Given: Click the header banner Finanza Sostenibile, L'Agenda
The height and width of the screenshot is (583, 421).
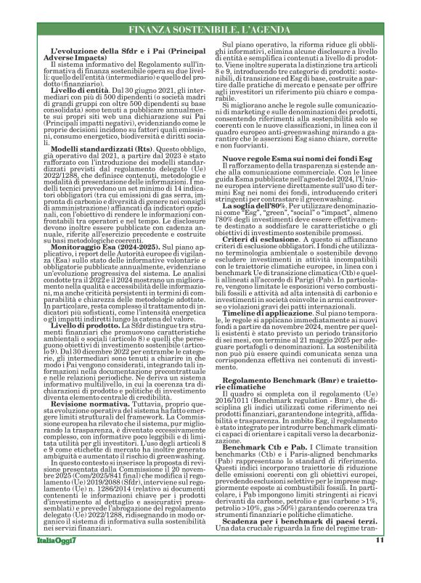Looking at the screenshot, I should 210,29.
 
